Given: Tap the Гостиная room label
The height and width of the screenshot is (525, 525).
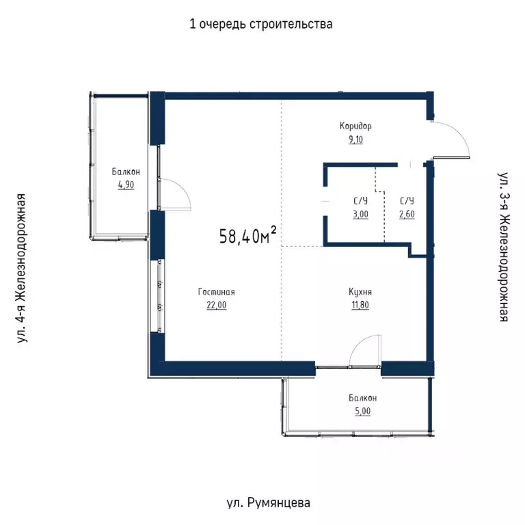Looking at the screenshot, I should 216,292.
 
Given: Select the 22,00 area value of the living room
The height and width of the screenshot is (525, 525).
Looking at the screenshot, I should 216,306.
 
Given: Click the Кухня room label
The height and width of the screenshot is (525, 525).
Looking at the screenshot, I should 360,292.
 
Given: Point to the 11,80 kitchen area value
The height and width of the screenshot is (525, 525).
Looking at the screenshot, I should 360,306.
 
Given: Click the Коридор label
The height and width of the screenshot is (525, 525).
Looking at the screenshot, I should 355,126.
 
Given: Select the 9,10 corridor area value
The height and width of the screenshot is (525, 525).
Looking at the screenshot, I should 355,140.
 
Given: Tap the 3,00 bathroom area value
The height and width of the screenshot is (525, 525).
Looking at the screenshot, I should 361,214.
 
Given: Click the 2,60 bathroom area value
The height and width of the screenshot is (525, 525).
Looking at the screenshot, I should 407,214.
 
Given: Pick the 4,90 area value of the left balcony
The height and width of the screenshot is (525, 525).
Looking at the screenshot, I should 126,185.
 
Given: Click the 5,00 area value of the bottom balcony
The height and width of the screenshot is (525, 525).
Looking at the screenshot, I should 362,411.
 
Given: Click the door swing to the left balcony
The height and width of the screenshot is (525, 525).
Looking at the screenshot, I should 176,193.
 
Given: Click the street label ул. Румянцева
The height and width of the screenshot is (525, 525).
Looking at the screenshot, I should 268,503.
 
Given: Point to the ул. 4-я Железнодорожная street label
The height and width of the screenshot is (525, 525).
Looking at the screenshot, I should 23,267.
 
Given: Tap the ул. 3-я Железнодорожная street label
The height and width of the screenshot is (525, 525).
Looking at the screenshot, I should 503,247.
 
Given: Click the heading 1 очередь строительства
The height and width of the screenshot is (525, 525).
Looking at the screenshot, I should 261,25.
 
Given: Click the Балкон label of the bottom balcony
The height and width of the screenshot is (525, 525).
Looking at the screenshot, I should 362,398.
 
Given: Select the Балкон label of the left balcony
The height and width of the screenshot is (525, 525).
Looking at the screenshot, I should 126,172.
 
